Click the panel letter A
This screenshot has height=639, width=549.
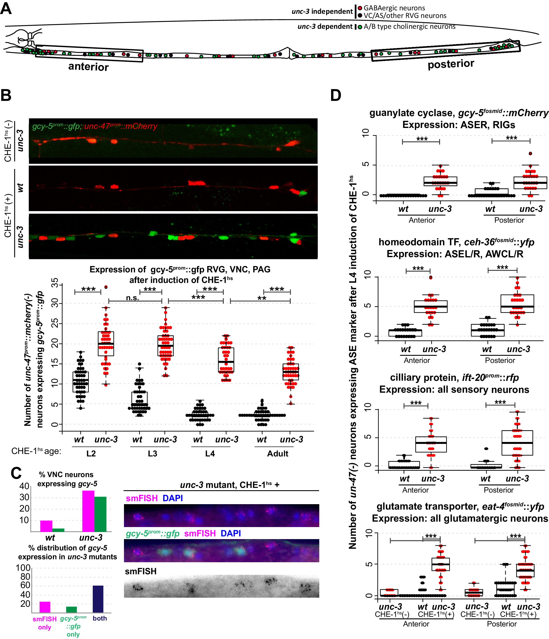(6, 8)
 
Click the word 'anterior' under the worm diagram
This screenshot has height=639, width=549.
(89, 67)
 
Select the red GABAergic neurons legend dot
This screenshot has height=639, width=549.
(360, 8)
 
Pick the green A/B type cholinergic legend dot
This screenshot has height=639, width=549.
(360, 27)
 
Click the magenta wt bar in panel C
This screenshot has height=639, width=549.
(46, 526)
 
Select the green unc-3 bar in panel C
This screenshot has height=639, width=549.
(100, 514)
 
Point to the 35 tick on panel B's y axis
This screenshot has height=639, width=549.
(55, 283)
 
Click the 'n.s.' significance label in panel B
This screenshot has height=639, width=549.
(132, 298)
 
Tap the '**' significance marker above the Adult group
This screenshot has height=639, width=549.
(262, 298)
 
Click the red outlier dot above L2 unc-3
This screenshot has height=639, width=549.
(106, 287)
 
